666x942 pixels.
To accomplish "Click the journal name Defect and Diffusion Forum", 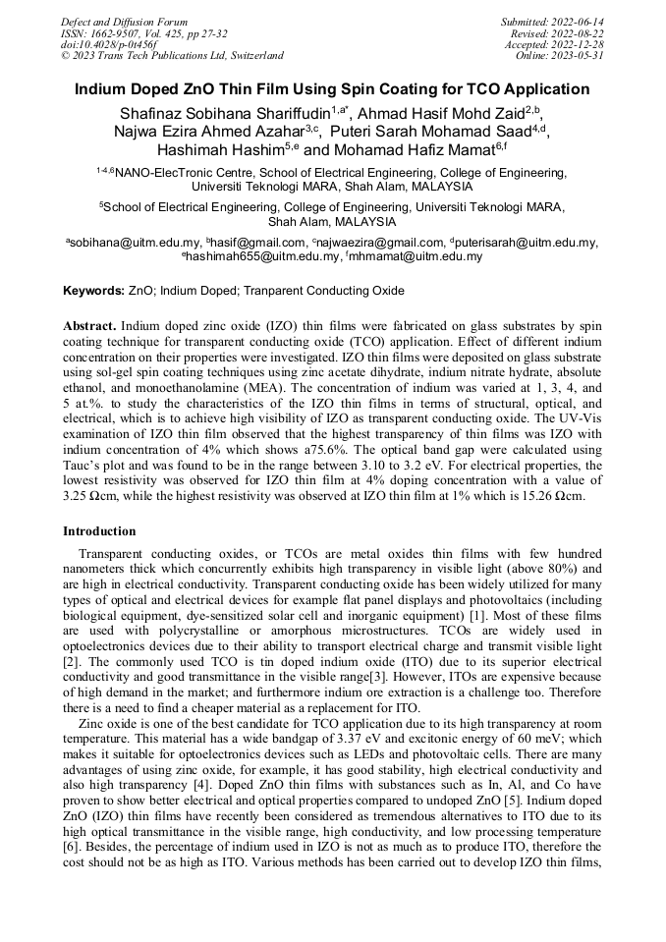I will [124, 21].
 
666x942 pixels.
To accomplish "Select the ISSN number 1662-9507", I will [123, 32].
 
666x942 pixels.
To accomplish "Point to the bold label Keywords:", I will [94, 292].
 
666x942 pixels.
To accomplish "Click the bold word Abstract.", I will [89, 324].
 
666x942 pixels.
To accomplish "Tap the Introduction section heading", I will [99, 531].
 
